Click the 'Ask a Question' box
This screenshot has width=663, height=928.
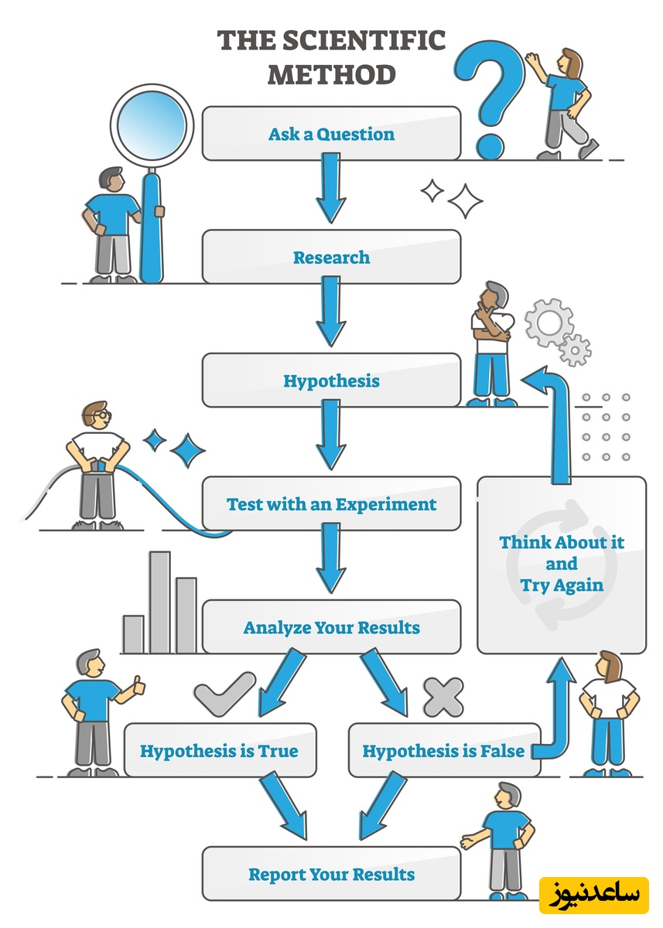331,134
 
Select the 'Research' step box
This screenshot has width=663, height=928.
331,258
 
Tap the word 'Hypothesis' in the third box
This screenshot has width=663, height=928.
331,380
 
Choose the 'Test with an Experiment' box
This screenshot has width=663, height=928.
331,504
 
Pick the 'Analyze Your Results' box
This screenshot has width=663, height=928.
331,627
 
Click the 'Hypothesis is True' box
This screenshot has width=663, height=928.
219,750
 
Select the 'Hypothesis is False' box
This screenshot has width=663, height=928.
443,750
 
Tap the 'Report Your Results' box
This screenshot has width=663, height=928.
331,875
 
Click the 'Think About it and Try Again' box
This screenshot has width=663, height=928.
562,564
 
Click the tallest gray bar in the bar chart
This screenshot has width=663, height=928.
160,602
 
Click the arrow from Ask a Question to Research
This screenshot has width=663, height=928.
331,187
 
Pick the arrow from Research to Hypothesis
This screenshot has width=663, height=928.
331,311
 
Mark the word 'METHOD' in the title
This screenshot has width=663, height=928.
331,74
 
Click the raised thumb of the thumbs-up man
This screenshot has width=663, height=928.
138,684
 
